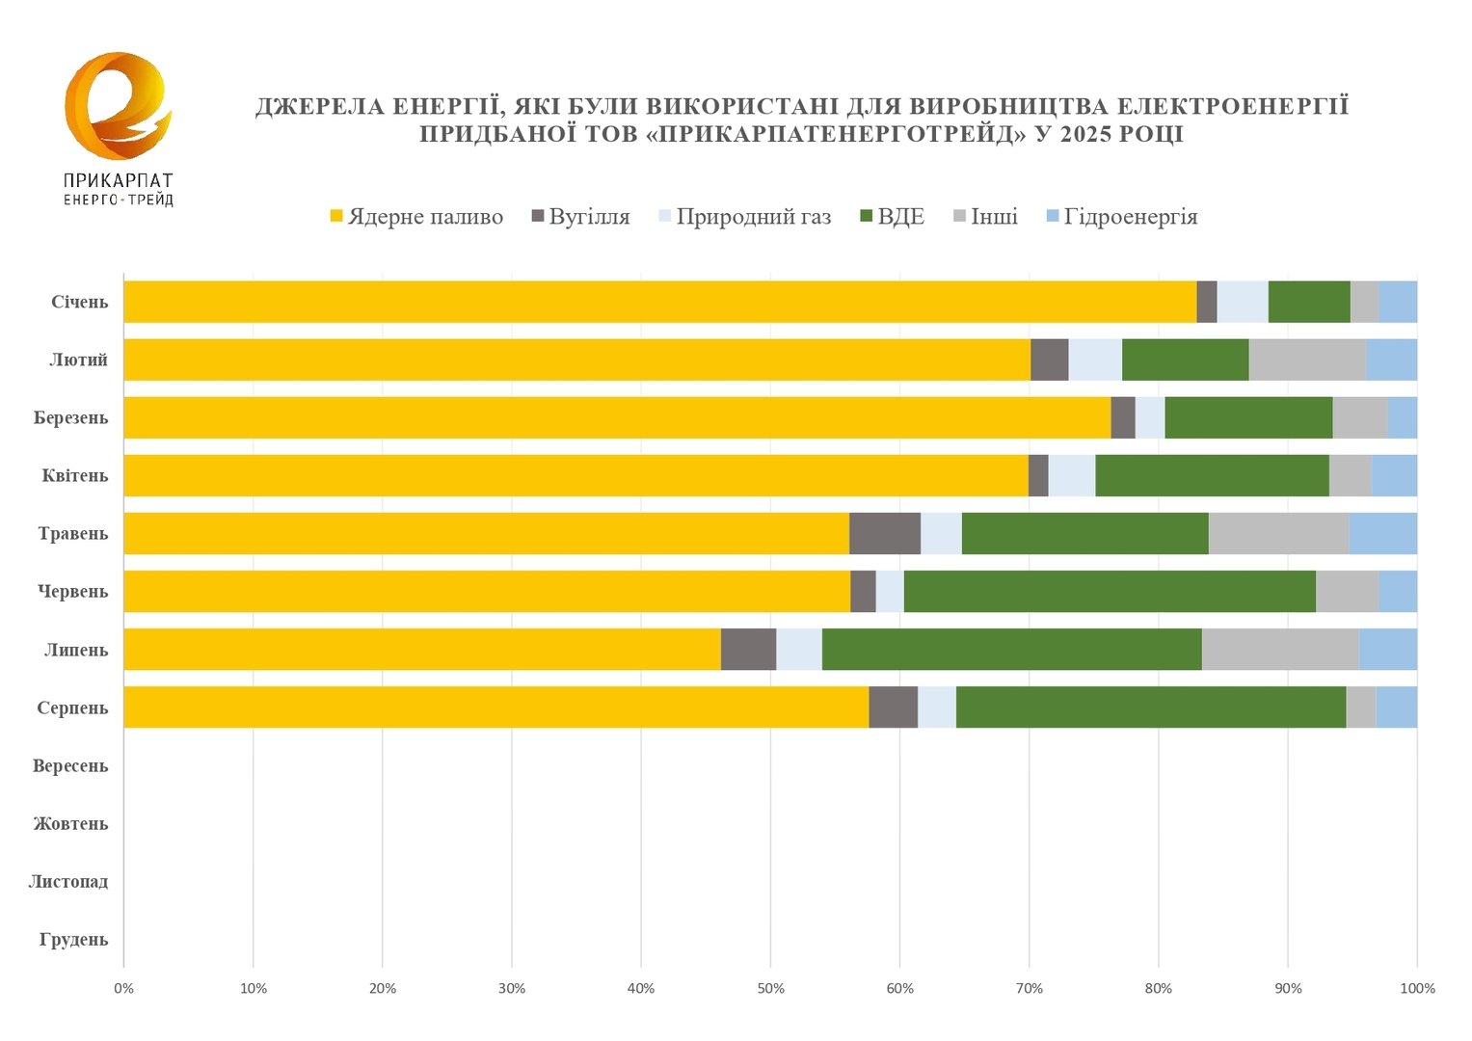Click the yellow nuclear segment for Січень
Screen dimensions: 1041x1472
(x=660, y=302)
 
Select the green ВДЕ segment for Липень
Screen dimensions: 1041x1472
(x=1011, y=649)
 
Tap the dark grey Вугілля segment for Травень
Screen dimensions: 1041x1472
(x=884, y=533)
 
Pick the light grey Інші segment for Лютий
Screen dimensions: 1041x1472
(x=1306, y=360)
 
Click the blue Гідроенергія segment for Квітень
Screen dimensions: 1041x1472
(x=1393, y=475)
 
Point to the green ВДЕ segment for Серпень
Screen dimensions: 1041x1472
(x=1150, y=707)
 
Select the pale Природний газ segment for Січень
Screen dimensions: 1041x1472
(x=1242, y=302)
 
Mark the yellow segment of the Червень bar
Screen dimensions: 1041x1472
(x=487, y=591)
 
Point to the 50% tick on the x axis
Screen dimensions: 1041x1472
(x=770, y=988)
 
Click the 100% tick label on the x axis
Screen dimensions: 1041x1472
(x=1416, y=988)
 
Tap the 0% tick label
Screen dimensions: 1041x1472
(x=123, y=988)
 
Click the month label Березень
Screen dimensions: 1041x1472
(x=70, y=418)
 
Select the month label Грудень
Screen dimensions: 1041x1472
(x=73, y=940)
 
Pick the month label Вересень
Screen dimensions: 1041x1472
(x=69, y=766)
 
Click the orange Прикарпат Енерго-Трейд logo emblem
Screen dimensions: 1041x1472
(x=117, y=106)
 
